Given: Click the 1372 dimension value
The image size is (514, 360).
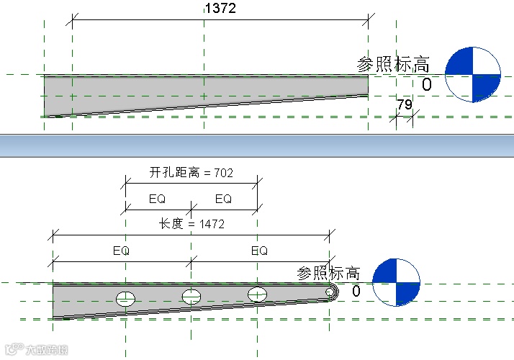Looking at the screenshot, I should tap(220, 9).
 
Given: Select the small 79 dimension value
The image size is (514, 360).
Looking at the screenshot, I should tap(404, 105).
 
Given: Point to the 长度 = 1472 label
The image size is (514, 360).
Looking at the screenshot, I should tap(191, 225).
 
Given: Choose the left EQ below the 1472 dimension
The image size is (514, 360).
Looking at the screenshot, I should tap(122, 251).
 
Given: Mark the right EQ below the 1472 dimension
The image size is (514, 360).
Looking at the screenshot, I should tap(259, 251).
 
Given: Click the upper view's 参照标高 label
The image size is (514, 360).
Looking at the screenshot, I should tap(394, 64).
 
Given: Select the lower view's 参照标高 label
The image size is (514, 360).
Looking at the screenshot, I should tap(328, 274).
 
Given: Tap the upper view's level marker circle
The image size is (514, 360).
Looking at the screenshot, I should tap(472, 75).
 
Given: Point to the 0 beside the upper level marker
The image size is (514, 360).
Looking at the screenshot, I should tap(427, 86).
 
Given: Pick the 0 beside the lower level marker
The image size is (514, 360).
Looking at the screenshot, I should tap(356, 292).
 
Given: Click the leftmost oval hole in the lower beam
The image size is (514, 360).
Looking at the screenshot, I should tap(126, 299).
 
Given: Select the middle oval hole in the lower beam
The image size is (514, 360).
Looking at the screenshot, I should tap(191, 296).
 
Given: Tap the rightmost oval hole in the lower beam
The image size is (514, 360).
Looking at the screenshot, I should tap(258, 294).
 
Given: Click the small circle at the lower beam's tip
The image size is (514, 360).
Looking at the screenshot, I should tap(330, 292).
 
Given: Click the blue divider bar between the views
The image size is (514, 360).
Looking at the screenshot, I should tap(257, 145).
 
